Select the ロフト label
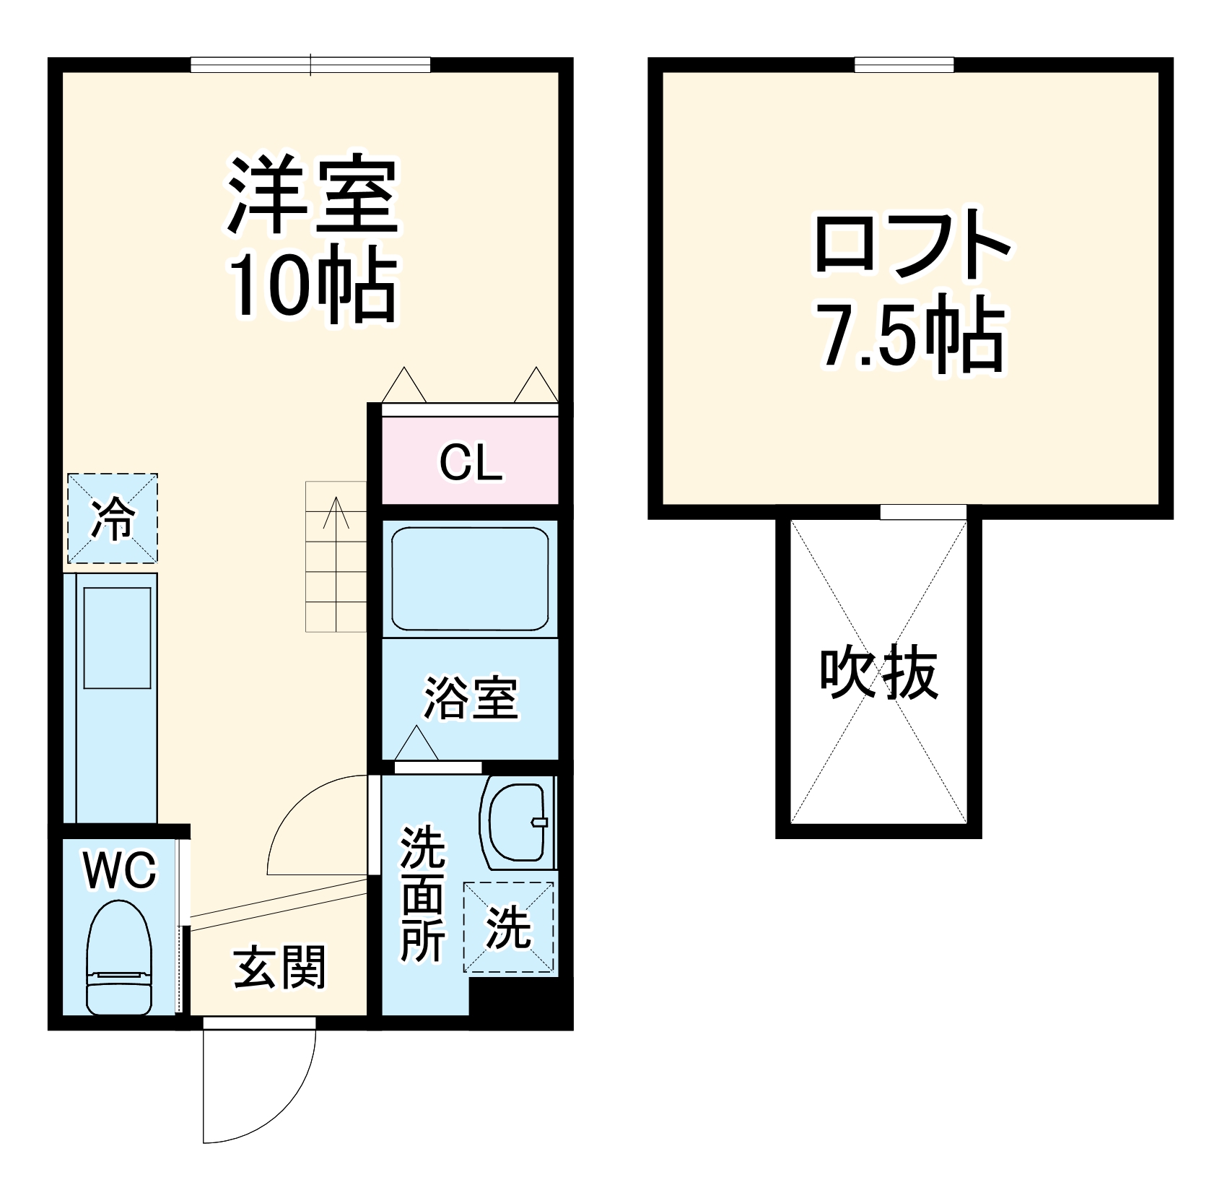pos(912,244)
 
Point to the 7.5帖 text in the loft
pos(912,336)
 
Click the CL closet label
pos(471,462)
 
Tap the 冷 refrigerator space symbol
pos(113,518)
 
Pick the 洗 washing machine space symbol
pos(510,927)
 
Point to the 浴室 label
pos(471,697)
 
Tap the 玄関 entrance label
pos(280,968)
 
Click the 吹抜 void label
pos(878,673)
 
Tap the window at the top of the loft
pos(904,65)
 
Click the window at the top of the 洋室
pos(310,65)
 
